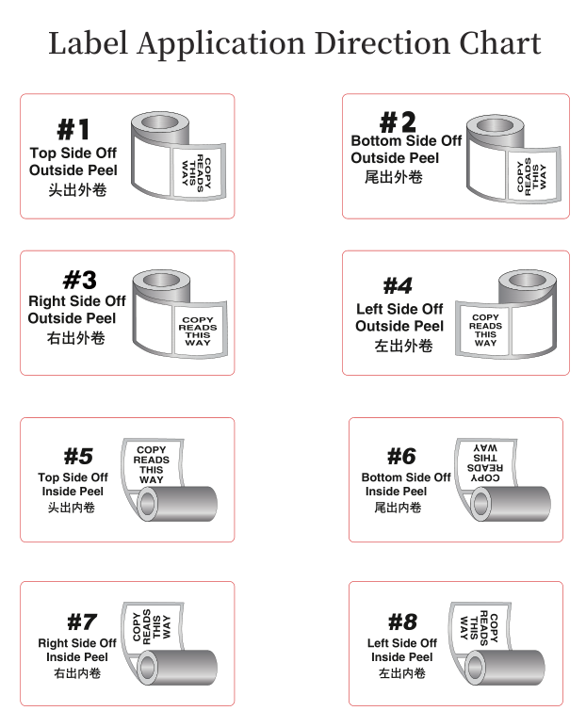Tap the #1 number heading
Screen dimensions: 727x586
pyautogui.click(x=73, y=130)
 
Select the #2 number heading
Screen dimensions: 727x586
pyautogui.click(x=397, y=122)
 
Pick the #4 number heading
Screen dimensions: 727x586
pyautogui.click(x=398, y=285)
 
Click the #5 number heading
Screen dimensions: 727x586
pyautogui.click(x=78, y=457)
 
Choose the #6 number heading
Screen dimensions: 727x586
pyautogui.click(x=401, y=457)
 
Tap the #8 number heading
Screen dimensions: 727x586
pyautogui.click(x=402, y=622)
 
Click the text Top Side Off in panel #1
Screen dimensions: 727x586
pyautogui.click(x=73, y=153)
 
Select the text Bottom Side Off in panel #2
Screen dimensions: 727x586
pyautogui.click(x=406, y=141)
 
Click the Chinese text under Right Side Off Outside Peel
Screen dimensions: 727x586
pyautogui.click(x=75, y=337)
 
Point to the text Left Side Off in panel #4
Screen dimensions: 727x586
pyautogui.click(x=399, y=309)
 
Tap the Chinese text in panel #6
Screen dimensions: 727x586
pyautogui.click(x=399, y=508)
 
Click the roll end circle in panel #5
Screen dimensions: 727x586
pyautogui.click(x=147, y=506)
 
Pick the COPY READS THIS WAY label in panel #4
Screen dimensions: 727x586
pyautogui.click(x=485, y=331)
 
